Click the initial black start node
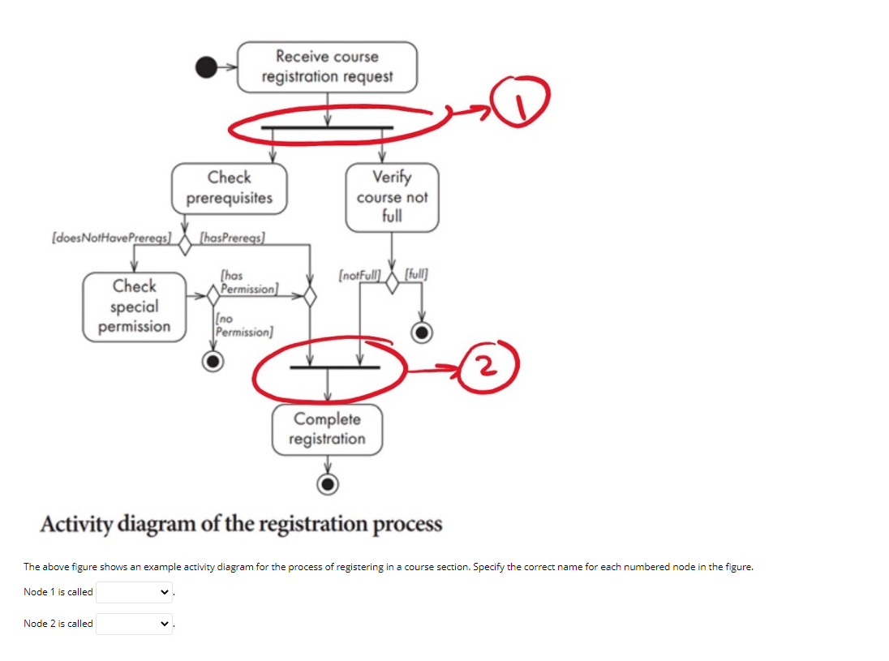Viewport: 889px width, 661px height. (207, 68)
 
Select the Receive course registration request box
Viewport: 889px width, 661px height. (327, 67)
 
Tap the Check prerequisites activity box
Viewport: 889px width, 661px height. (230, 188)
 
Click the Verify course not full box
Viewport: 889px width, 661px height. (392, 197)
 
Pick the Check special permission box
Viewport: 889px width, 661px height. (135, 307)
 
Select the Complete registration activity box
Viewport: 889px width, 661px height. (327, 429)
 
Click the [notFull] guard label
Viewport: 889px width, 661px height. (359, 276)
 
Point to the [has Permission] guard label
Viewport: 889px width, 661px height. (248, 283)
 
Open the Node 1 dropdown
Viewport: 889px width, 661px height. (135, 592)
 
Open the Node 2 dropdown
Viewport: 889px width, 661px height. (135, 624)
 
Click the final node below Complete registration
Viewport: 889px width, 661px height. (328, 484)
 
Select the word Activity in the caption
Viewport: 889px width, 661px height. (77, 524)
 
